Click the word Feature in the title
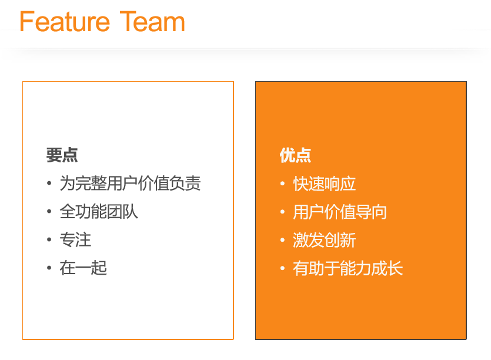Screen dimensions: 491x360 click(x=65, y=21)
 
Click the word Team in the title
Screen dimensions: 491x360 click(x=152, y=21)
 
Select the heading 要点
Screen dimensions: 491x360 click(x=62, y=155)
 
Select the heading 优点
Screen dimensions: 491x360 click(x=295, y=155)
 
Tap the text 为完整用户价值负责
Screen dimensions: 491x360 click(x=131, y=184)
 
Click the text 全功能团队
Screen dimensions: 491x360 click(x=99, y=212)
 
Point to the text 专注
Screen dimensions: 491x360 click(x=75, y=239)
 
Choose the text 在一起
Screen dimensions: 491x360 click(x=83, y=268)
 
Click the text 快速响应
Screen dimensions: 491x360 click(x=325, y=184)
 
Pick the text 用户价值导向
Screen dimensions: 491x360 click(x=340, y=212)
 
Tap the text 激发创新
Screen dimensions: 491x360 click(x=325, y=240)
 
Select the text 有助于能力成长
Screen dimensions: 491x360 click(x=348, y=268)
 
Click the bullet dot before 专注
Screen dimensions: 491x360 click(x=49, y=239)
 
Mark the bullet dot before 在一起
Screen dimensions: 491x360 click(x=49, y=268)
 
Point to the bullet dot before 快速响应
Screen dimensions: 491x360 click(x=282, y=184)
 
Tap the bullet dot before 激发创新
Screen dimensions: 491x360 click(x=282, y=240)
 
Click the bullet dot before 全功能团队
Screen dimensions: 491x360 click(x=49, y=212)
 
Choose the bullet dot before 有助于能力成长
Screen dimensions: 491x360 click(x=282, y=268)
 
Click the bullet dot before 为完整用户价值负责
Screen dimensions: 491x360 click(x=49, y=183)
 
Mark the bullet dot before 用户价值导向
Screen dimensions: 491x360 click(x=282, y=212)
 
